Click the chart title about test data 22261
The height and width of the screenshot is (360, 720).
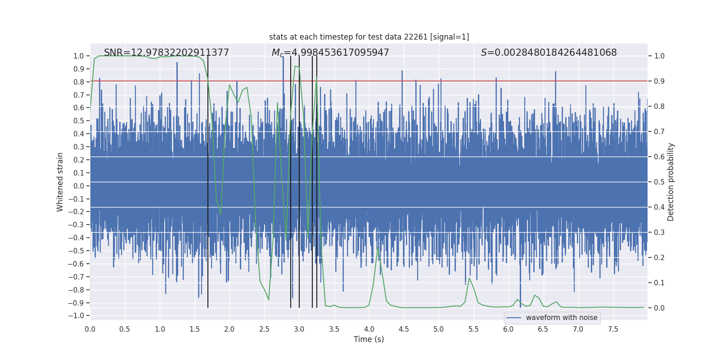tap(369, 37)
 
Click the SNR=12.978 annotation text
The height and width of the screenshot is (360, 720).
tap(166, 53)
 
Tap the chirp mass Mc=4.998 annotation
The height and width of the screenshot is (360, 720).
tap(330, 53)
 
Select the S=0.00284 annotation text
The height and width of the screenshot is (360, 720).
tap(549, 53)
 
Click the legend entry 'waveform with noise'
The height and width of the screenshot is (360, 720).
tap(561, 318)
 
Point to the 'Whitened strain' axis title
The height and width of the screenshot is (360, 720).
tap(60, 182)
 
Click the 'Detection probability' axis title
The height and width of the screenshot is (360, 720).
tap(671, 182)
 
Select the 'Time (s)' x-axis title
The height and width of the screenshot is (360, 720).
tap(369, 339)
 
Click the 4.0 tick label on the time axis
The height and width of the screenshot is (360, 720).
tap(369, 329)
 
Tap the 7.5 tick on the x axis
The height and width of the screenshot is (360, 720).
tap(613, 329)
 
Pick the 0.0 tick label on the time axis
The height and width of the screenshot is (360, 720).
tap(90, 329)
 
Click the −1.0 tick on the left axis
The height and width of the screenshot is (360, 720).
tap(76, 315)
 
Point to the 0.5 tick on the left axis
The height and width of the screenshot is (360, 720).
tap(79, 121)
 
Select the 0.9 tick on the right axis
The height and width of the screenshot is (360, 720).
tap(659, 81)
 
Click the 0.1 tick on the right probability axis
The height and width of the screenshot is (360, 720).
tap(659, 283)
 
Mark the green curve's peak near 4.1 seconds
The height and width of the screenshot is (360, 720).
tap(378, 247)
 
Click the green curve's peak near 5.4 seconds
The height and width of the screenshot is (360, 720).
tap(469, 278)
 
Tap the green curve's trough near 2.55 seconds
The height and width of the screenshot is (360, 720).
tap(269, 300)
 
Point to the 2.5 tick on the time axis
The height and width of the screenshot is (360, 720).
tap(264, 329)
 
